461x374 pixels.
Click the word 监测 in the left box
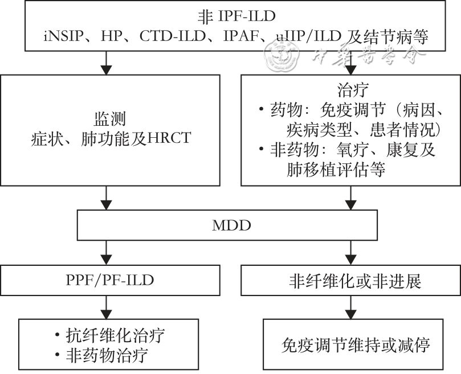(x=110, y=119)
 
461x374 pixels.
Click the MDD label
(x=231, y=225)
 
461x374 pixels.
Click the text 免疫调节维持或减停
(x=355, y=345)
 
